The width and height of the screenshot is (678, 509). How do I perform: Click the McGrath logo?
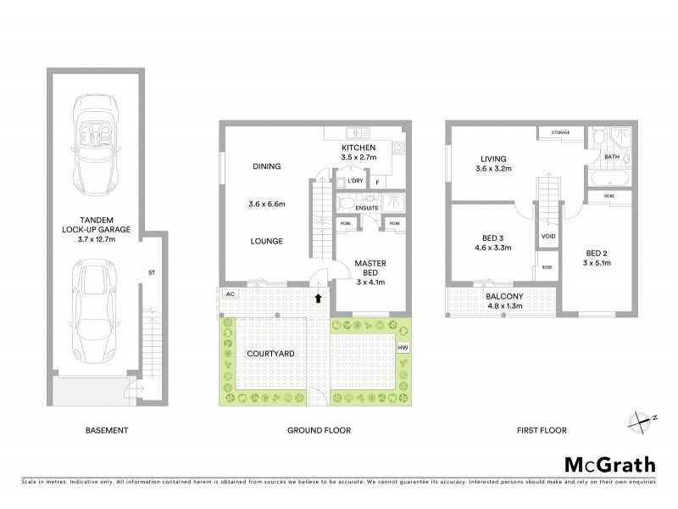coord(609,464)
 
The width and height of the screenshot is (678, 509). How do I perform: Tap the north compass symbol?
coord(643,418)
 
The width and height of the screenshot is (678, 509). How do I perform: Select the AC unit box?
coord(229,294)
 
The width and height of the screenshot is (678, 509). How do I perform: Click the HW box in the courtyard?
coord(403,347)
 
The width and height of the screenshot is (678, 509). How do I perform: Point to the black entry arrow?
coord(319,298)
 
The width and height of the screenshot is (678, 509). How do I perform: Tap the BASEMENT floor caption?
coord(107,431)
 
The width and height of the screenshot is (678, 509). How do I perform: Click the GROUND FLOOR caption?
coord(319,431)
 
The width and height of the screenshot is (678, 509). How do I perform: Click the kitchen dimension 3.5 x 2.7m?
coord(358,158)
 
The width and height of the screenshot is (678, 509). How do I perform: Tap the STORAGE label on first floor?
coord(560,133)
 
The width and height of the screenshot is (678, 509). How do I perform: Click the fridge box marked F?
coord(376,182)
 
